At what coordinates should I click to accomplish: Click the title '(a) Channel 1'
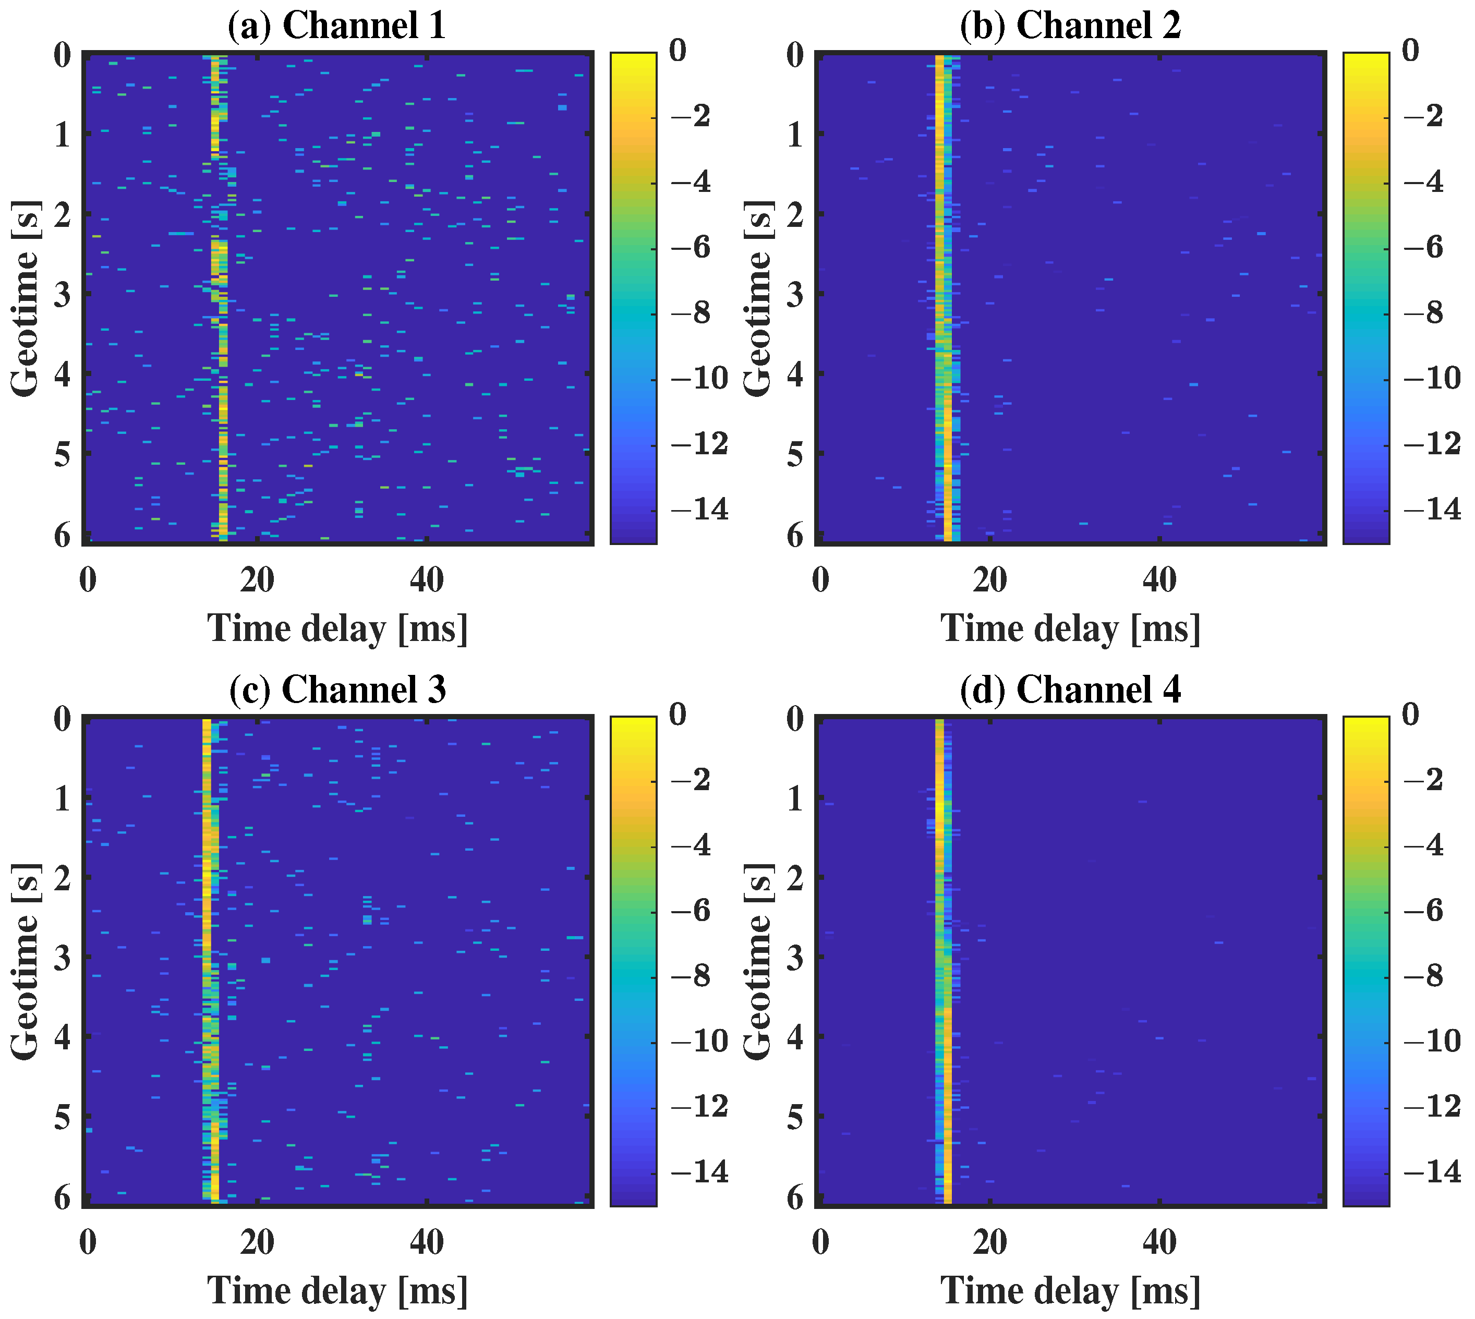click(336, 26)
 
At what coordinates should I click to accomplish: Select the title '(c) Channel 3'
click(337, 689)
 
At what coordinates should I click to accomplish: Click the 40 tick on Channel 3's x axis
click(427, 1242)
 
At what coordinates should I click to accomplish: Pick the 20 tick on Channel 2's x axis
click(990, 580)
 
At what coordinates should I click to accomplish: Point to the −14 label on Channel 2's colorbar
click(1432, 510)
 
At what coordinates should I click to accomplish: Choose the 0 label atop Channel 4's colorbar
click(1410, 714)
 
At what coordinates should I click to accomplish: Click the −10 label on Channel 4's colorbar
click(1432, 1042)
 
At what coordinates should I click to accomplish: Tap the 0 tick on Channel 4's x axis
click(820, 1242)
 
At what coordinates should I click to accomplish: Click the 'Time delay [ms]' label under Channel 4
click(1071, 1291)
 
